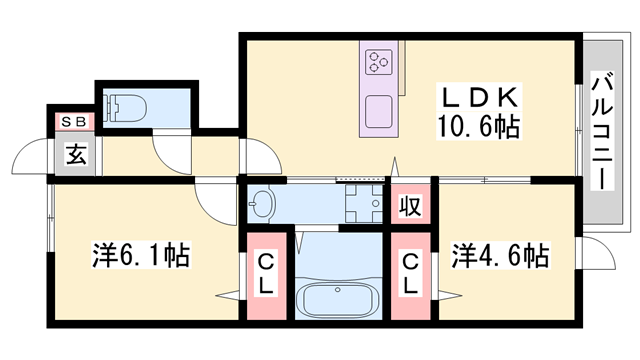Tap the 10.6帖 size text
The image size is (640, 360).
tap(479, 127)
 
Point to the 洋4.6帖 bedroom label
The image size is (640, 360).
tap(499, 254)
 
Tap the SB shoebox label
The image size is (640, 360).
tap(75, 121)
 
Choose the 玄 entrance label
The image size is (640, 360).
tap(75, 153)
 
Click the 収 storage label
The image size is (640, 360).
tap(410, 207)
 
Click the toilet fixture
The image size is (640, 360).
tap(125, 106)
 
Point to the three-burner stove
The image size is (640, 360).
tap(380, 64)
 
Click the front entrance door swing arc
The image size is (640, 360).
tap(29, 160)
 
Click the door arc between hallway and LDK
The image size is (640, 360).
tap(254, 155)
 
